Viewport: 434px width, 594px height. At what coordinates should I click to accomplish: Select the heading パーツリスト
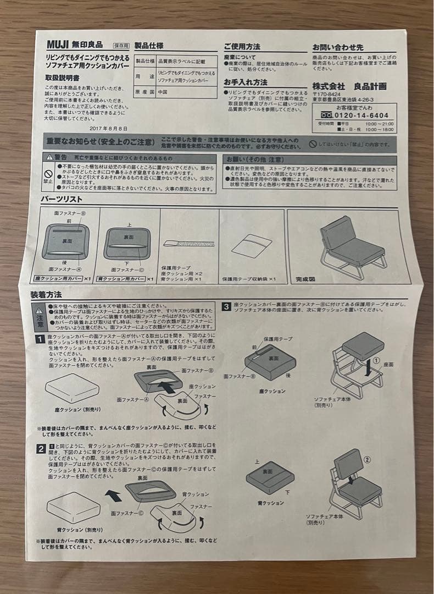pos(62,199)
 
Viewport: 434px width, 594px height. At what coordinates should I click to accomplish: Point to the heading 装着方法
pos(46,295)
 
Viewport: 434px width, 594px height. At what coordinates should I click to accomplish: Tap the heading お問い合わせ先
pos(338,48)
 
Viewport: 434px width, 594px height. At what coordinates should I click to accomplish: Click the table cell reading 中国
pos(163,92)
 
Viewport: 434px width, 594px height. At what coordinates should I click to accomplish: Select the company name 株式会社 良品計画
pos(349,86)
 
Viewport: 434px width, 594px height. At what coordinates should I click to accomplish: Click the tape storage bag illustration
pos(251,245)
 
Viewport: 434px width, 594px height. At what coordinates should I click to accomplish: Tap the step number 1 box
pos(41,339)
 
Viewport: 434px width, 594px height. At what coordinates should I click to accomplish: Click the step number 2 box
pos(41,449)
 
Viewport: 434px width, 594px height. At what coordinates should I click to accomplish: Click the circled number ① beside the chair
pos(376,360)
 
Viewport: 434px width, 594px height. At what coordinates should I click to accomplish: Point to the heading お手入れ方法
pos(246,82)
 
